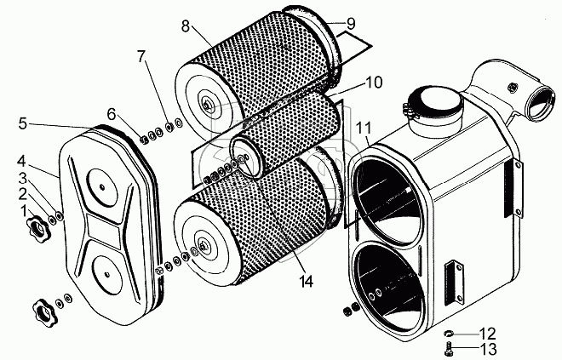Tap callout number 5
coord(23,124)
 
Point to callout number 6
coord(112,113)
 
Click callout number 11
coord(364,129)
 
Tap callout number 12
coord(485,332)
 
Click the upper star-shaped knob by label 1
coord(39,228)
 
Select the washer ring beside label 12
coord(450,332)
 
